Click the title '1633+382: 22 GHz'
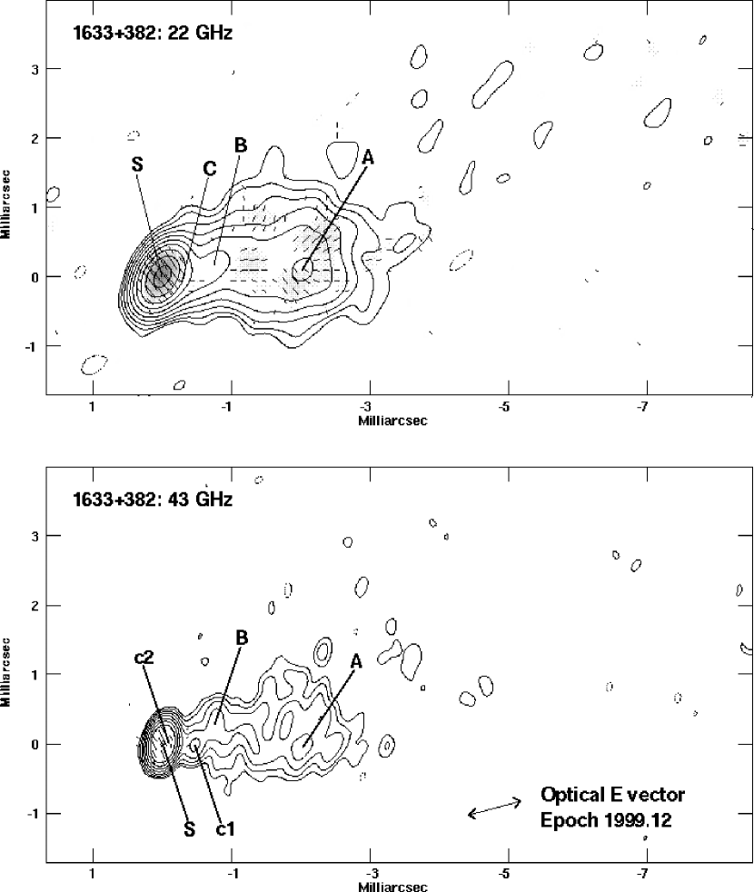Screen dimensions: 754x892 click(x=153, y=33)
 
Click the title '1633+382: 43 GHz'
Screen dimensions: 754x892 click(x=153, y=500)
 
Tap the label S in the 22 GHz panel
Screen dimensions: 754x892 click(x=137, y=164)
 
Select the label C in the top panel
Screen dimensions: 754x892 click(x=210, y=168)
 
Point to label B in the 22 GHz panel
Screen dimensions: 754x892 click(x=241, y=145)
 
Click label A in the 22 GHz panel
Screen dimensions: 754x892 click(x=368, y=157)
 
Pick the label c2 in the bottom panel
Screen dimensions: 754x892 click(x=144, y=658)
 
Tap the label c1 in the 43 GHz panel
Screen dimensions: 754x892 click(x=225, y=829)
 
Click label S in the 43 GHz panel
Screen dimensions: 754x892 click(x=190, y=830)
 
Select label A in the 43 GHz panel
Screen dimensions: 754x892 click(x=356, y=661)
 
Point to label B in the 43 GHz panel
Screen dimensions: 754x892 click(x=242, y=638)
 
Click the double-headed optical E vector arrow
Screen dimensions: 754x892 click(x=494, y=808)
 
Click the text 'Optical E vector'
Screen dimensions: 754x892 click(x=612, y=794)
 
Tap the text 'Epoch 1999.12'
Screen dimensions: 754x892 click(x=606, y=820)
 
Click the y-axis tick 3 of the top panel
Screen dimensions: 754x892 click(x=35, y=69)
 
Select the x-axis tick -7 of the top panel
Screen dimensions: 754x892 click(x=642, y=407)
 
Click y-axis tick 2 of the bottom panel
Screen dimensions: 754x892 click(x=35, y=605)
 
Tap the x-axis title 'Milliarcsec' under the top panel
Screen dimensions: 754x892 click(x=392, y=421)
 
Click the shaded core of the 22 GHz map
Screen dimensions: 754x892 click(x=164, y=272)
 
